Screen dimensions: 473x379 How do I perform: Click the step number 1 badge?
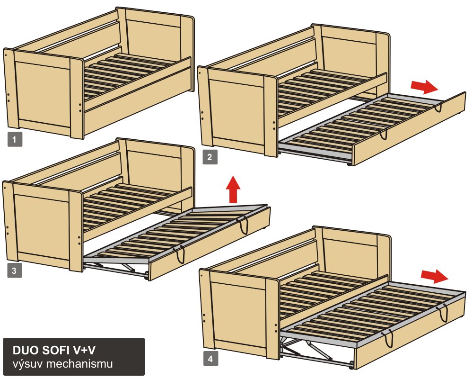pyautogui.click(x=15, y=140)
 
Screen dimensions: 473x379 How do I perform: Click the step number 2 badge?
pyautogui.click(x=210, y=157)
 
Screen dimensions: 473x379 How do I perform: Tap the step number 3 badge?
pyautogui.click(x=15, y=271)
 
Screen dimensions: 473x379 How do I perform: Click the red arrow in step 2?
pyautogui.click(x=424, y=87)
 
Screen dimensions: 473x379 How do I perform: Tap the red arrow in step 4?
pyautogui.click(x=434, y=276)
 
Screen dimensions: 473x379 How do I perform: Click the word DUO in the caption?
pyautogui.click(x=26, y=350)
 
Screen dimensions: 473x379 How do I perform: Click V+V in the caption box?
pyautogui.click(x=84, y=350)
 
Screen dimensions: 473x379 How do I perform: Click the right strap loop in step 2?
pyautogui.click(x=438, y=107)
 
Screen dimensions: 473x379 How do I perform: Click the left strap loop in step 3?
pyautogui.click(x=181, y=254)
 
